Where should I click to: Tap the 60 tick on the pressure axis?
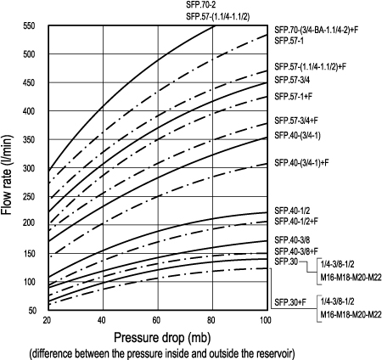(156, 319)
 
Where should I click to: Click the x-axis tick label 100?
(265, 319)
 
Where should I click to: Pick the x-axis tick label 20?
(46, 319)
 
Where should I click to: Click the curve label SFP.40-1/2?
(294, 210)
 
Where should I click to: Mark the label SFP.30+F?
(290, 302)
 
